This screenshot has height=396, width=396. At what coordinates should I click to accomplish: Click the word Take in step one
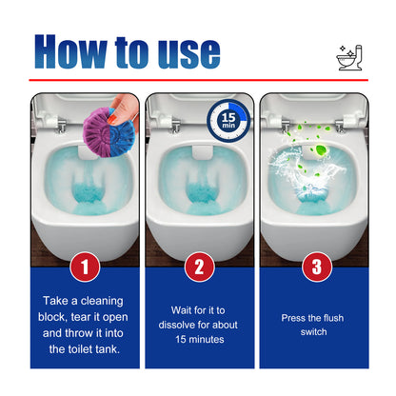tap(59, 301)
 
